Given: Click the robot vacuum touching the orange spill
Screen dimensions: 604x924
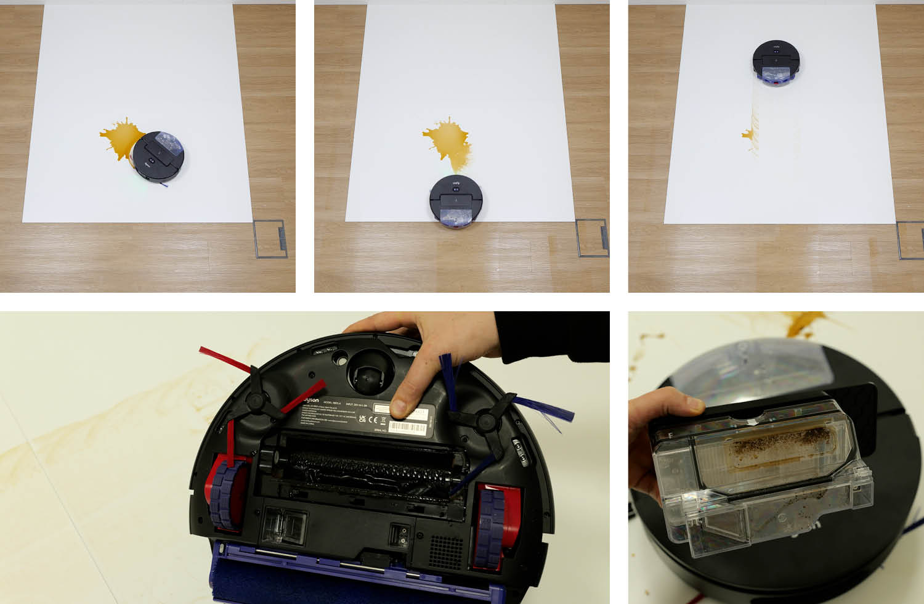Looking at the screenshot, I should click(x=158, y=155).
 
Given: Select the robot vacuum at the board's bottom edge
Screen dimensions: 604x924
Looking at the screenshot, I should click(x=455, y=201).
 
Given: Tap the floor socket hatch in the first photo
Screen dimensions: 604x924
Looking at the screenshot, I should click(x=270, y=239).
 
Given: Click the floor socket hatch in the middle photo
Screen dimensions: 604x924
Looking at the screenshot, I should click(x=591, y=237).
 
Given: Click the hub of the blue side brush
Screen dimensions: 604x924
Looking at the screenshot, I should click(x=487, y=421).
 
